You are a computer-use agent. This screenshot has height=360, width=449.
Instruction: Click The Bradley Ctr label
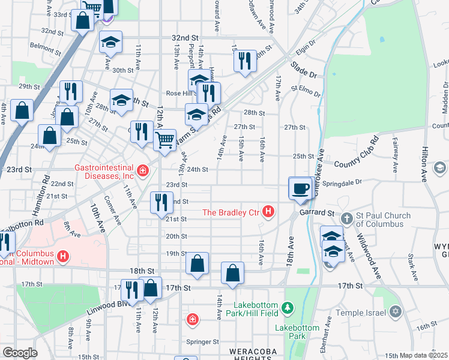[x=232, y=212]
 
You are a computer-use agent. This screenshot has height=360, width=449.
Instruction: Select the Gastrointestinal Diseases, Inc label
[x=103, y=172]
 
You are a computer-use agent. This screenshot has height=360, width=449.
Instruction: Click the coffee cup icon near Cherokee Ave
[x=300, y=188]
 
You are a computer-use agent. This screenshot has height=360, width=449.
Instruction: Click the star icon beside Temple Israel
[x=395, y=311]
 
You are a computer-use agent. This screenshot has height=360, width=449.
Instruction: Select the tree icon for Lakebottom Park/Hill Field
[x=288, y=308]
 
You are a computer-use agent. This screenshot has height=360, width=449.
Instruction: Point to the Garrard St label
[x=318, y=213]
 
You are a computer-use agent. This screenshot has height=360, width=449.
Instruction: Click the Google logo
[x=20, y=353]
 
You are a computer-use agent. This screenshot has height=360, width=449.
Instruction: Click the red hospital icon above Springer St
[x=192, y=319]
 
